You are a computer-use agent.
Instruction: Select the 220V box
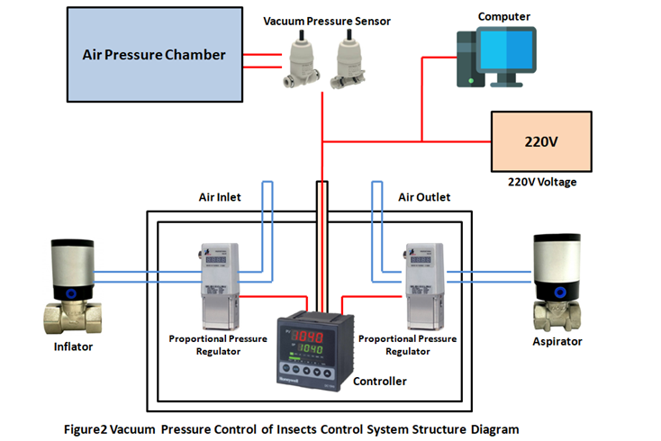point(540,141)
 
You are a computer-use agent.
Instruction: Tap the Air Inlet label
point(219,196)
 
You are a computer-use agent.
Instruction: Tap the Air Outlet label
point(424,196)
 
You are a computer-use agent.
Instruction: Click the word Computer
point(503,16)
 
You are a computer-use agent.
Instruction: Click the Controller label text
point(379,382)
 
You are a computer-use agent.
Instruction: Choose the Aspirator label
point(557,341)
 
